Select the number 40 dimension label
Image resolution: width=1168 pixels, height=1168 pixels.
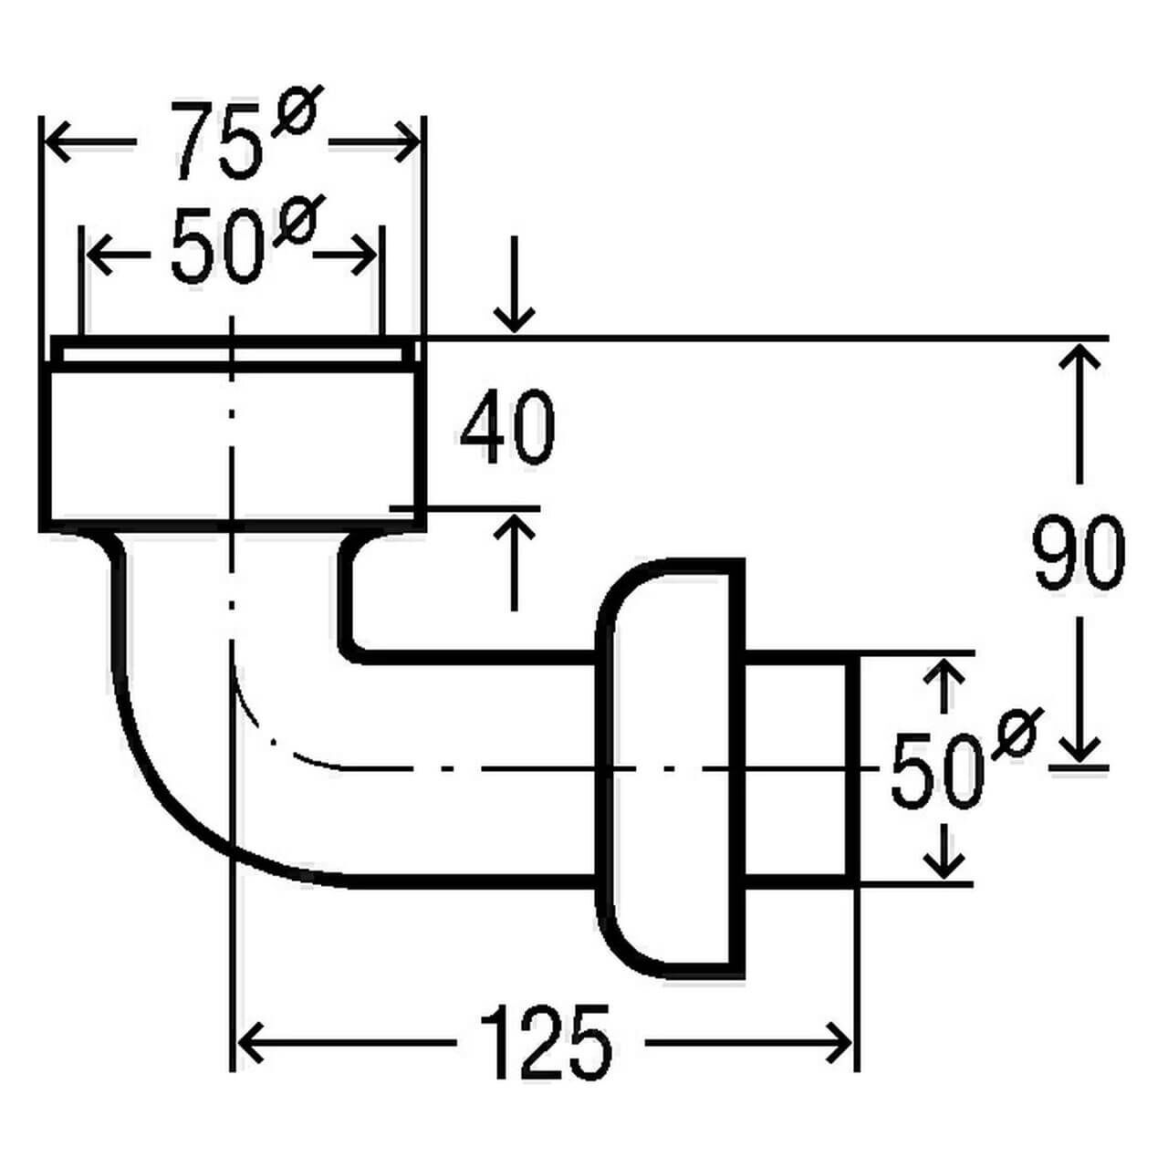(x=507, y=428)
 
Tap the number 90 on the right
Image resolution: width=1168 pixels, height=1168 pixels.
(x=1079, y=553)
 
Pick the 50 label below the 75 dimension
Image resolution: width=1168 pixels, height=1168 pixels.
(x=217, y=248)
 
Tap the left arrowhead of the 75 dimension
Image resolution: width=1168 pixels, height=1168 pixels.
(x=57, y=141)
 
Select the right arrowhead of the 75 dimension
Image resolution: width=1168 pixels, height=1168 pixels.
(x=408, y=141)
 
